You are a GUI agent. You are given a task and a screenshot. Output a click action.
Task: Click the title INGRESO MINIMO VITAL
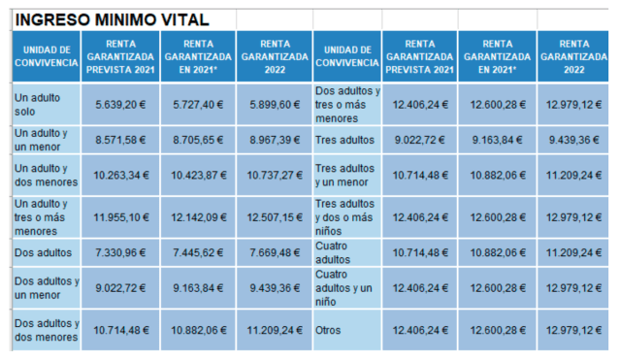(113, 18)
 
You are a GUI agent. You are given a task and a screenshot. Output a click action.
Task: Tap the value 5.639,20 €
(121, 102)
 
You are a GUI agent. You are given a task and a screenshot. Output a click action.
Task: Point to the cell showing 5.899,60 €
(273, 102)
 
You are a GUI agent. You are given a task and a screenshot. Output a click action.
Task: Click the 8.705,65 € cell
(198, 139)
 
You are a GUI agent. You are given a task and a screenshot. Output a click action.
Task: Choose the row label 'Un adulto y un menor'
(41, 139)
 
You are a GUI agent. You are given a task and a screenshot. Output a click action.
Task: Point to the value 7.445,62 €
(198, 253)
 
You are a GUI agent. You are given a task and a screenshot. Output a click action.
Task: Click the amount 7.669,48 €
(273, 253)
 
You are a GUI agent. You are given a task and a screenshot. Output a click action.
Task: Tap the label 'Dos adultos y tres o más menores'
(347, 102)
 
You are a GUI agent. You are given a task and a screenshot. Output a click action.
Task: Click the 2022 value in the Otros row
(572, 331)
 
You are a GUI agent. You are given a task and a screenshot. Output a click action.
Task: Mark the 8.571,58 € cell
(121, 139)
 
